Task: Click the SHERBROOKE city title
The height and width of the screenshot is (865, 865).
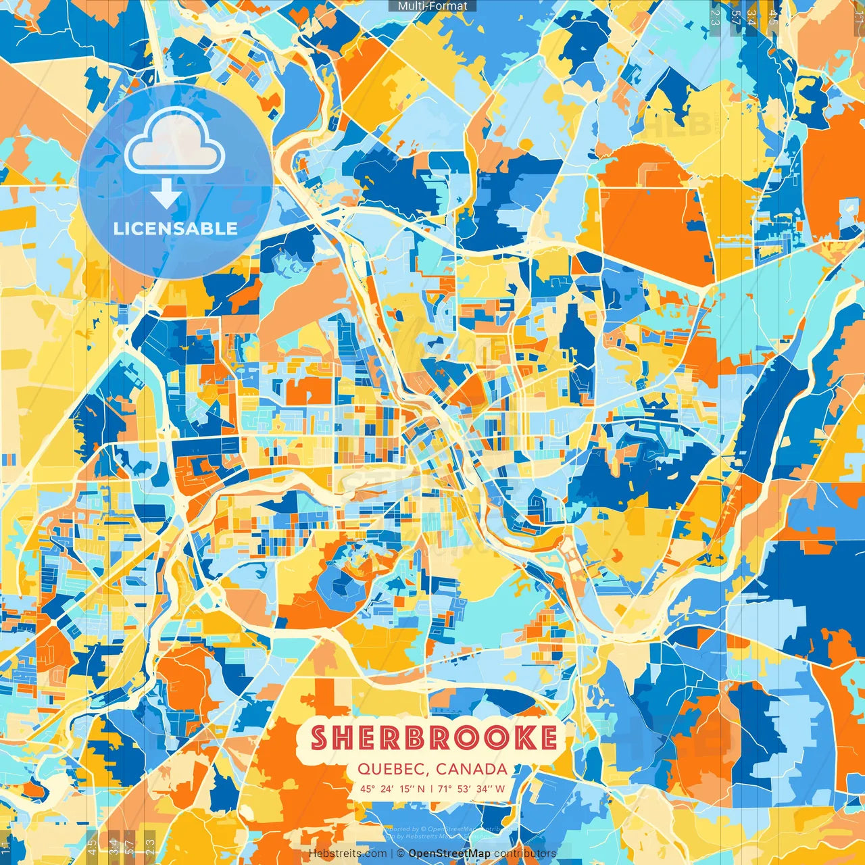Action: [x=433, y=738]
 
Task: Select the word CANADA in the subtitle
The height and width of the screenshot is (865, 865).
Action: [x=472, y=769]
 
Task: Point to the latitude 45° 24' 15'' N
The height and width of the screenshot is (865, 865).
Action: [x=393, y=789]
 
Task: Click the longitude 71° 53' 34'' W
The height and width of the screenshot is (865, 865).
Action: [x=471, y=789]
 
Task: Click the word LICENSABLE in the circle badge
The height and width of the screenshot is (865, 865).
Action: [x=176, y=228]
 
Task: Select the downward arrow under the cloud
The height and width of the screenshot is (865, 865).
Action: [x=166, y=196]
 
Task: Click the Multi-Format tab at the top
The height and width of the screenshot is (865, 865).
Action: [x=432, y=6]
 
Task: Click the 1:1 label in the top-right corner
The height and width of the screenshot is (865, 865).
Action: [x=858, y=15]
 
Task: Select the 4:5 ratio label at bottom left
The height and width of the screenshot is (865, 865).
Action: [x=92, y=847]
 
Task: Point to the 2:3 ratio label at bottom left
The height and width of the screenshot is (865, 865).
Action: [x=150, y=847]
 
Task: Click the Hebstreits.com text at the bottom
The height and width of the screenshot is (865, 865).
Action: [x=348, y=854]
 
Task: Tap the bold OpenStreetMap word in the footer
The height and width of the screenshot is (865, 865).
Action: [x=449, y=854]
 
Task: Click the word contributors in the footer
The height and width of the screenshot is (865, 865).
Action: [x=525, y=854]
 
